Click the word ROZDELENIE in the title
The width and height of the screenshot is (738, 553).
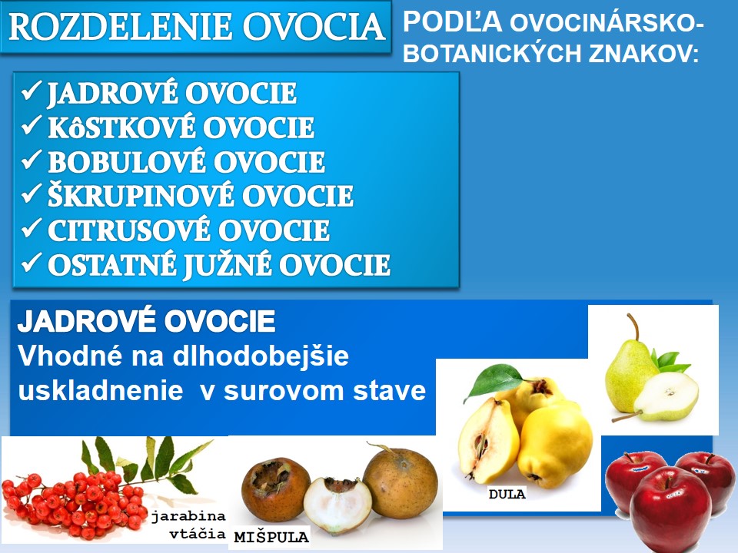[120, 26]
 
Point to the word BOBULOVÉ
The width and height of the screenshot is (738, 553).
[127, 161]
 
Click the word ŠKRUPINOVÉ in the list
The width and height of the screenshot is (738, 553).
[140, 196]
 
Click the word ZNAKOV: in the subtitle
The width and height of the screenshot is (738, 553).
[643, 53]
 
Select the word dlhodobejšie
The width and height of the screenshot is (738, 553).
[261, 356]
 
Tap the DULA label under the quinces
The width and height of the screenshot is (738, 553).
[507, 494]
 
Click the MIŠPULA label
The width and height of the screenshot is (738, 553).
[271, 537]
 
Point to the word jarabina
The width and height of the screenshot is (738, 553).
[188, 516]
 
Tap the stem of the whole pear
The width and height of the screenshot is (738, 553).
[633, 326]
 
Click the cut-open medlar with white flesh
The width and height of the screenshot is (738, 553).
[337, 505]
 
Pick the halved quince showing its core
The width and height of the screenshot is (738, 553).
[488, 442]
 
